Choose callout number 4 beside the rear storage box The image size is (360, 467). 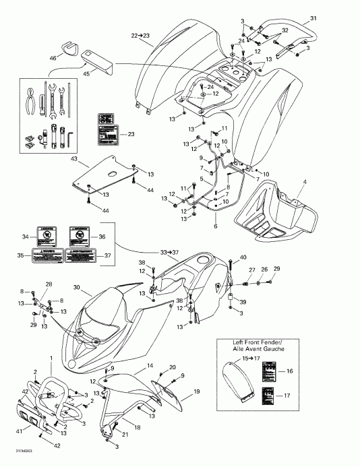[x=304, y=183]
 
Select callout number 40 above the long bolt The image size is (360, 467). [x=243, y=257]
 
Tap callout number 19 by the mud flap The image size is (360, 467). [x=197, y=391]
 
